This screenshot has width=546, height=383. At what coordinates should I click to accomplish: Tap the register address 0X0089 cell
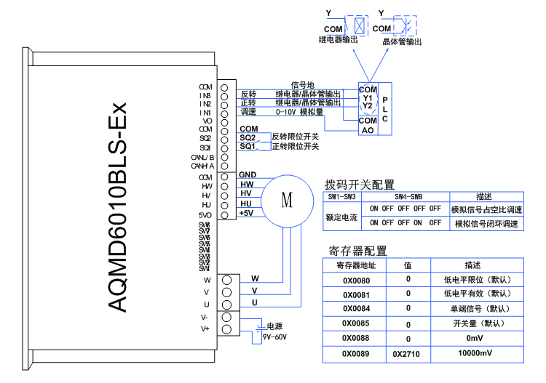tap(356, 354)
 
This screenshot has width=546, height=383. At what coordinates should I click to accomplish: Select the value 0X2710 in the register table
tap(408, 355)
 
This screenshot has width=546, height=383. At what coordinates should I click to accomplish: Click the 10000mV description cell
tap(475, 354)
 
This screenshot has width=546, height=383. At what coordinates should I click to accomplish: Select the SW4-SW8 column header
tap(405, 197)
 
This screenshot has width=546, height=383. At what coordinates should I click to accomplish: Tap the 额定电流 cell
tap(341, 217)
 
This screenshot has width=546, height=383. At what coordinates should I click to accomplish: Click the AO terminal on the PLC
tap(368, 130)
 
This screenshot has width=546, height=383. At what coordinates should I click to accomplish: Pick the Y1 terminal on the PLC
tap(368, 97)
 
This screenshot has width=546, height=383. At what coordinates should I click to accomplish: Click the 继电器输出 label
tap(339, 41)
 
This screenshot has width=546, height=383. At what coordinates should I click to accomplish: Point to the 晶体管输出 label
tap(403, 41)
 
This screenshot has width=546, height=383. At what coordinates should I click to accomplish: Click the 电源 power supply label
tap(274, 326)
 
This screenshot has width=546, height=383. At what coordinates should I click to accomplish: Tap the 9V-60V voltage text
tap(274, 337)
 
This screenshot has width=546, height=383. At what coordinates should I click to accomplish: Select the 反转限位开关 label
tap(295, 137)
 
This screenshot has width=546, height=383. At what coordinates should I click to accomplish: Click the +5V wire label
tap(246, 214)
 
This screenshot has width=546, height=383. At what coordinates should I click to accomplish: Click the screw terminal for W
tap(227, 280)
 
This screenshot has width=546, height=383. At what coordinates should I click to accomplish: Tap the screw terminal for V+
tap(227, 330)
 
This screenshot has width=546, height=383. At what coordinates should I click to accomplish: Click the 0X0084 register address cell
tap(356, 308)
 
